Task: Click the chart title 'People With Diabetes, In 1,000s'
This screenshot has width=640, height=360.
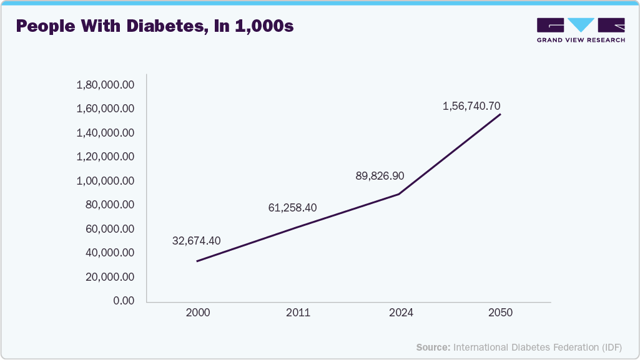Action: [x=154, y=27]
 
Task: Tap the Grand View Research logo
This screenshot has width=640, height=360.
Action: [x=581, y=30]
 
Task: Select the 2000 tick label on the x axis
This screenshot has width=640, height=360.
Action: [x=197, y=313]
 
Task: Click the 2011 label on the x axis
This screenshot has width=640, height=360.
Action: [x=298, y=313]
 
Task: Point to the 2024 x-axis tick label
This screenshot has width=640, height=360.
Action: [x=400, y=313]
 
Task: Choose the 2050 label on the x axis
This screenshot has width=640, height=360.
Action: [x=501, y=313]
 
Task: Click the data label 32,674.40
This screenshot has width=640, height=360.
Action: [x=196, y=240]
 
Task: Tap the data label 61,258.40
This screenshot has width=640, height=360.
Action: [x=293, y=207]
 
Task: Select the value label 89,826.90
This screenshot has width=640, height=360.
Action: [x=380, y=176]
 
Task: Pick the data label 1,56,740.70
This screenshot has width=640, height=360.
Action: [x=471, y=106]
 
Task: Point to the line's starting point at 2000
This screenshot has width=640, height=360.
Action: [x=197, y=261]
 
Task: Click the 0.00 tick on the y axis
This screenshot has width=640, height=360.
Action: [x=123, y=301]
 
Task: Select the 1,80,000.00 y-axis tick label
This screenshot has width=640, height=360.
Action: [x=105, y=85]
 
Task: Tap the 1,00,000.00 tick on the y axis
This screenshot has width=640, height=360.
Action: [x=105, y=181]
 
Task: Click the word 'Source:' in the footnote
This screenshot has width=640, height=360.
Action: [x=433, y=347]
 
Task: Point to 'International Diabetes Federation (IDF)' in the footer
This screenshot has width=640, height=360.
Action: [x=538, y=347]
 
